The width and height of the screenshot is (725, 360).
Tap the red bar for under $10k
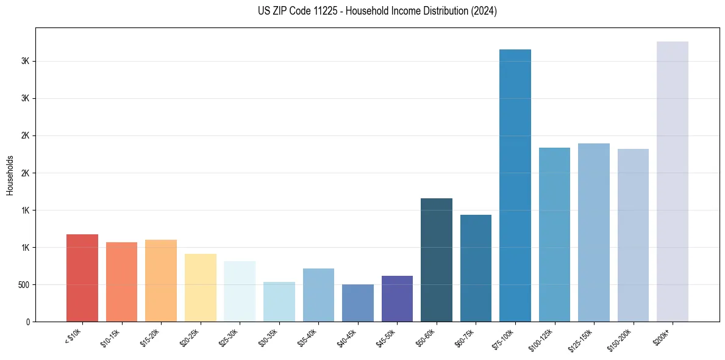coord(82,278)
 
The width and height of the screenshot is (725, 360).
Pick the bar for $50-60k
coord(437,260)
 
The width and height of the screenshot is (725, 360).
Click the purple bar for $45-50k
coord(397,298)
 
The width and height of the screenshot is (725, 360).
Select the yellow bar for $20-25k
coord(200,287)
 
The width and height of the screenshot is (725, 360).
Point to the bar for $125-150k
coord(593,232)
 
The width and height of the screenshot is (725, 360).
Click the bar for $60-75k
coord(476,268)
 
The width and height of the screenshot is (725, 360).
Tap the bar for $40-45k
coord(357,303)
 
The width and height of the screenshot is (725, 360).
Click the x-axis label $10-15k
coord(111,337)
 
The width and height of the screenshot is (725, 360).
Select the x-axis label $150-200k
coord(621,339)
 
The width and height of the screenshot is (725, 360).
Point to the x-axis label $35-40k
coord(308,337)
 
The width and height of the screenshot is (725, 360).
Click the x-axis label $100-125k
coord(542,339)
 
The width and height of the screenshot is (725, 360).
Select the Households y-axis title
coord(10,175)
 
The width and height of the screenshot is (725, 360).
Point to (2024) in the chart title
coord(484,11)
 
